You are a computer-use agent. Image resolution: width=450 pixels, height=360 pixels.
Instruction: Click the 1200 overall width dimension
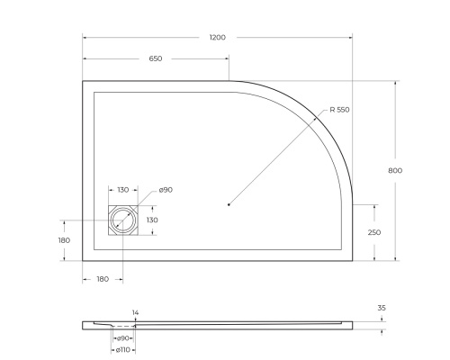pyautogui.click(x=217, y=38)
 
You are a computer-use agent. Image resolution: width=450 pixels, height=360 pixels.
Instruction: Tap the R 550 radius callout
pyautogui.click(x=339, y=110)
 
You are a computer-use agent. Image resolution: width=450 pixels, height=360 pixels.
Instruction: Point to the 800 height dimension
pyautogui.click(x=396, y=171)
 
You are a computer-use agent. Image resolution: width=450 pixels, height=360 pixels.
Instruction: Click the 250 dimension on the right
pyautogui.click(x=374, y=232)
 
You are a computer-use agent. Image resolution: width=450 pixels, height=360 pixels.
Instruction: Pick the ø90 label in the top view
pyautogui.click(x=166, y=190)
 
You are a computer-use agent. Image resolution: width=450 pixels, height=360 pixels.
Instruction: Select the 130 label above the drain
pyautogui.click(x=123, y=190)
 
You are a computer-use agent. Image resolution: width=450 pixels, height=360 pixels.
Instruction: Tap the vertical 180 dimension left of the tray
pyautogui.click(x=64, y=240)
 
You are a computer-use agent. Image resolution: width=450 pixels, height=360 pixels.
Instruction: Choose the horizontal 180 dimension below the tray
pyautogui.click(x=102, y=280)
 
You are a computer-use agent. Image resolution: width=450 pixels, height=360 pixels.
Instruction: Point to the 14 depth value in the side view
pyautogui.click(x=135, y=312)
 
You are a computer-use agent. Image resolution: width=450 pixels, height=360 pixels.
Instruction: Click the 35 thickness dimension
pyautogui.click(x=382, y=308)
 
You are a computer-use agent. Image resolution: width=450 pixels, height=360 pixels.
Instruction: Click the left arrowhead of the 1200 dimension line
pyautogui.click(x=85, y=38)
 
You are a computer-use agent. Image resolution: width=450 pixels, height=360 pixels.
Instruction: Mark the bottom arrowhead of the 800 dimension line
pyautogui.click(x=396, y=260)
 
